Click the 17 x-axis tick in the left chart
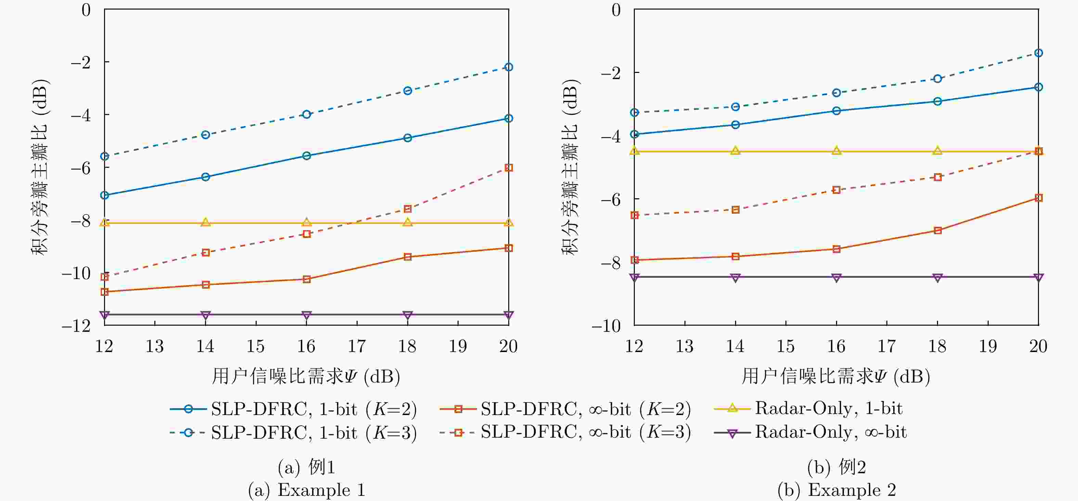tap(357, 346)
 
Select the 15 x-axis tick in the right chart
tap(785, 346)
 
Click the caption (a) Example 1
tap(306, 490)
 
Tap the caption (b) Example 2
tap(836, 490)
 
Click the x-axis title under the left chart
tap(306, 376)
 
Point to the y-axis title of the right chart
tap(570, 167)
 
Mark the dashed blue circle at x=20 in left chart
tap(509, 67)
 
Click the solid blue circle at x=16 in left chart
tap(306, 156)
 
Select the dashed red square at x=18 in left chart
tap(408, 209)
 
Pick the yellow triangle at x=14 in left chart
tap(205, 222)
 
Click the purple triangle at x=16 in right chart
tap(836, 277)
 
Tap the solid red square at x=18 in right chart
tap(937, 230)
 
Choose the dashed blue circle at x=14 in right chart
tap(735, 107)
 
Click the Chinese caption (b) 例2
tap(836, 467)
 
